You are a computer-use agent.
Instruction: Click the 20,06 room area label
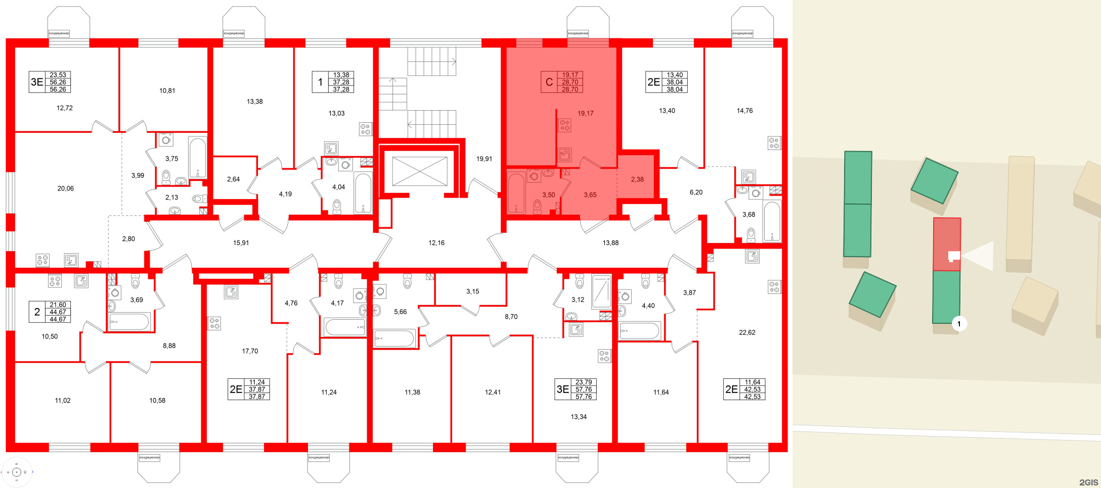click(x=65, y=188)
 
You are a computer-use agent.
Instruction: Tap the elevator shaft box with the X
click(x=419, y=171)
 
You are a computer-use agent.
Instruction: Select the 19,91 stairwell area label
click(x=484, y=159)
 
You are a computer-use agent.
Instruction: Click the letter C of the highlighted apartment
click(x=549, y=82)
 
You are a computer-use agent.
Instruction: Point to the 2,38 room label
click(x=637, y=179)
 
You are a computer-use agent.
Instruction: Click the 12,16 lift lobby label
click(x=436, y=243)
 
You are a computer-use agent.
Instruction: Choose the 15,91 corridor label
click(x=241, y=243)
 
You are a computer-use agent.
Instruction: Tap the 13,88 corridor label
click(x=610, y=243)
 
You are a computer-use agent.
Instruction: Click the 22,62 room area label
click(x=747, y=332)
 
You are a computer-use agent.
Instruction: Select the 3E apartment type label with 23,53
click(x=37, y=82)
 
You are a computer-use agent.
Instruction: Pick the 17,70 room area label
click(x=250, y=351)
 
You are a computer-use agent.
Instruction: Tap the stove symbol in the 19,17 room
click(x=564, y=125)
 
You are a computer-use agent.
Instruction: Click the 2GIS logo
click(x=1088, y=482)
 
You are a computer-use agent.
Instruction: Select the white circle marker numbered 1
click(x=959, y=324)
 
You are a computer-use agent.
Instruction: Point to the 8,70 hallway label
click(x=511, y=317)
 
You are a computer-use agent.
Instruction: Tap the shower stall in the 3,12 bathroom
click(x=601, y=292)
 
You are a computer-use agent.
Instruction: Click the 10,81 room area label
click(x=167, y=91)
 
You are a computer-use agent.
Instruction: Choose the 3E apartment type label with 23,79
click(x=562, y=389)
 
